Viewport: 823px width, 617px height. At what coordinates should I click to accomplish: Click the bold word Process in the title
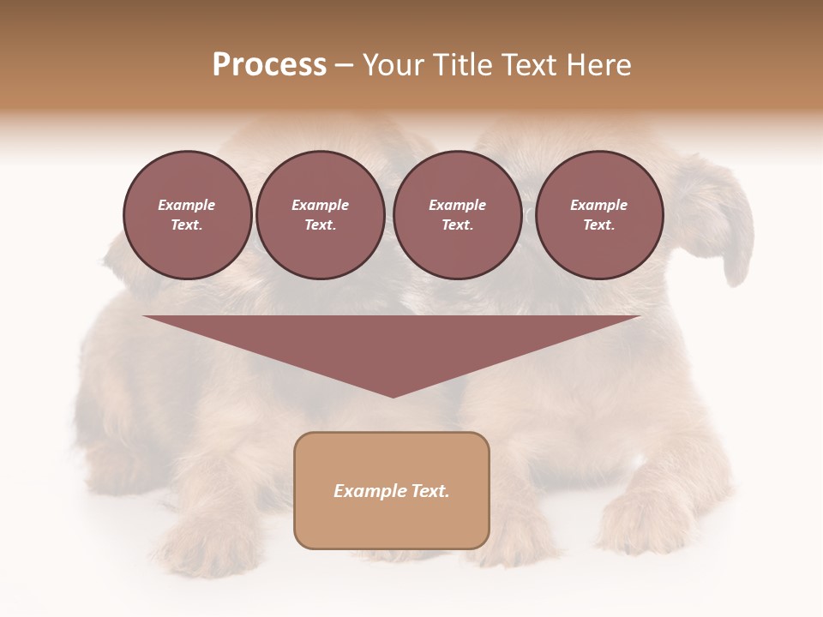[269, 65]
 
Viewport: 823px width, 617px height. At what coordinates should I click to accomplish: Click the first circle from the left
[187, 215]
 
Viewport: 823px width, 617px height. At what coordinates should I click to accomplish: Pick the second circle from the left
[321, 215]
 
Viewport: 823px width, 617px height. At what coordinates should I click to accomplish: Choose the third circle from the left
[458, 215]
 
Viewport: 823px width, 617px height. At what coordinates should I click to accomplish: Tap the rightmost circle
[599, 215]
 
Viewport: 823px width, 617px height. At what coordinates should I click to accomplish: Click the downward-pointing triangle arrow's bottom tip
[393, 395]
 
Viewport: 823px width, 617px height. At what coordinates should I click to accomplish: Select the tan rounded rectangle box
[392, 523]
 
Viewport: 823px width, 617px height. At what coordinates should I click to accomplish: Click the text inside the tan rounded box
[392, 491]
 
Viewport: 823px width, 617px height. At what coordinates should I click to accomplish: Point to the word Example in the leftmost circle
[187, 205]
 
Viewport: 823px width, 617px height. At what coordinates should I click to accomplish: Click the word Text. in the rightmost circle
[599, 225]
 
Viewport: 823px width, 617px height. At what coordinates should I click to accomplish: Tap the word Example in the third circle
[458, 205]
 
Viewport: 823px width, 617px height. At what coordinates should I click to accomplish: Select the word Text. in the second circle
[321, 225]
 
